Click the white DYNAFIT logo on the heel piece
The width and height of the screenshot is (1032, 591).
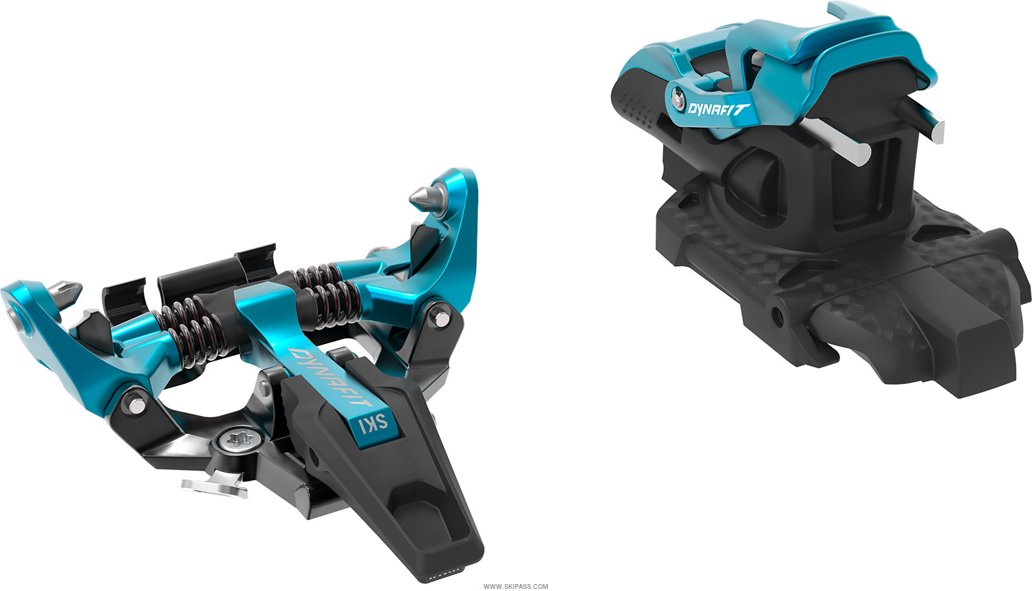(x=719, y=108)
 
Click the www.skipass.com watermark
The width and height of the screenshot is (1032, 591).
(x=515, y=586)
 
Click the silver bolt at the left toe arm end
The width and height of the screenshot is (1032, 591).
(x=14, y=316)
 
